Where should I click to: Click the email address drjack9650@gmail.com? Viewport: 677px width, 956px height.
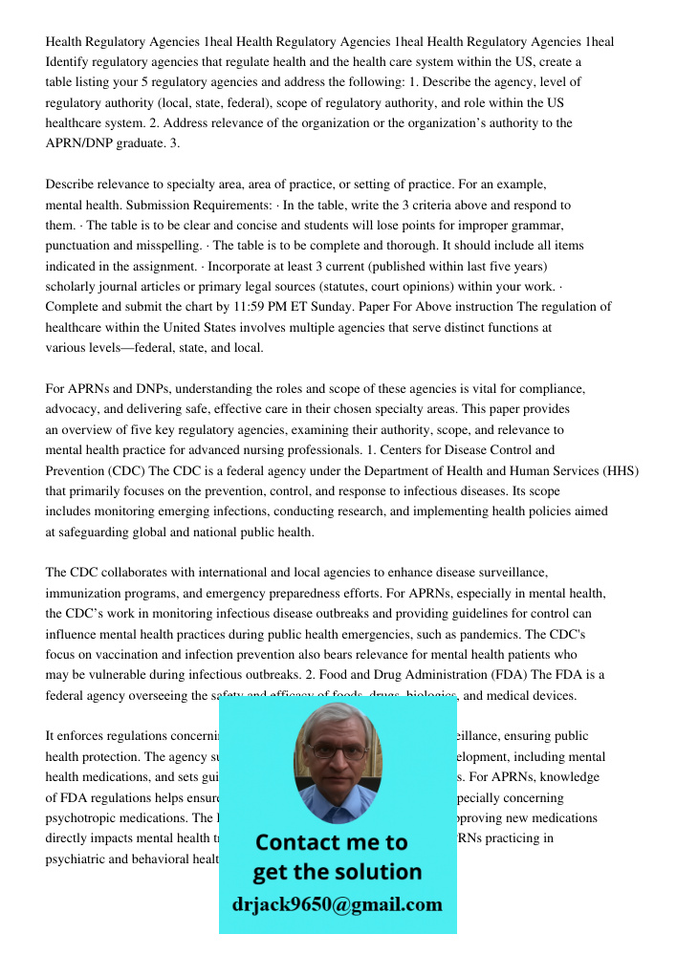point(338,903)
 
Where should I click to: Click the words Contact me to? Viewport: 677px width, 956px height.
point(332,842)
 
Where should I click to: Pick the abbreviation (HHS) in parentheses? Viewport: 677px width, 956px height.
point(621,470)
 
